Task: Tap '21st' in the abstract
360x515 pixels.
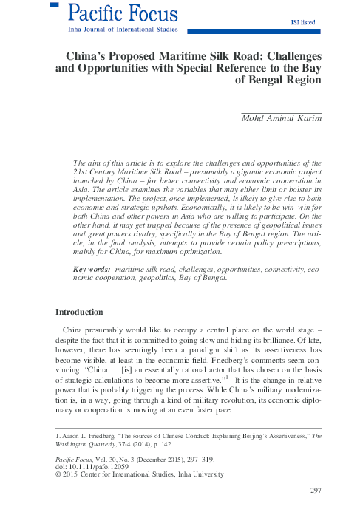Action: [x=81, y=171]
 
